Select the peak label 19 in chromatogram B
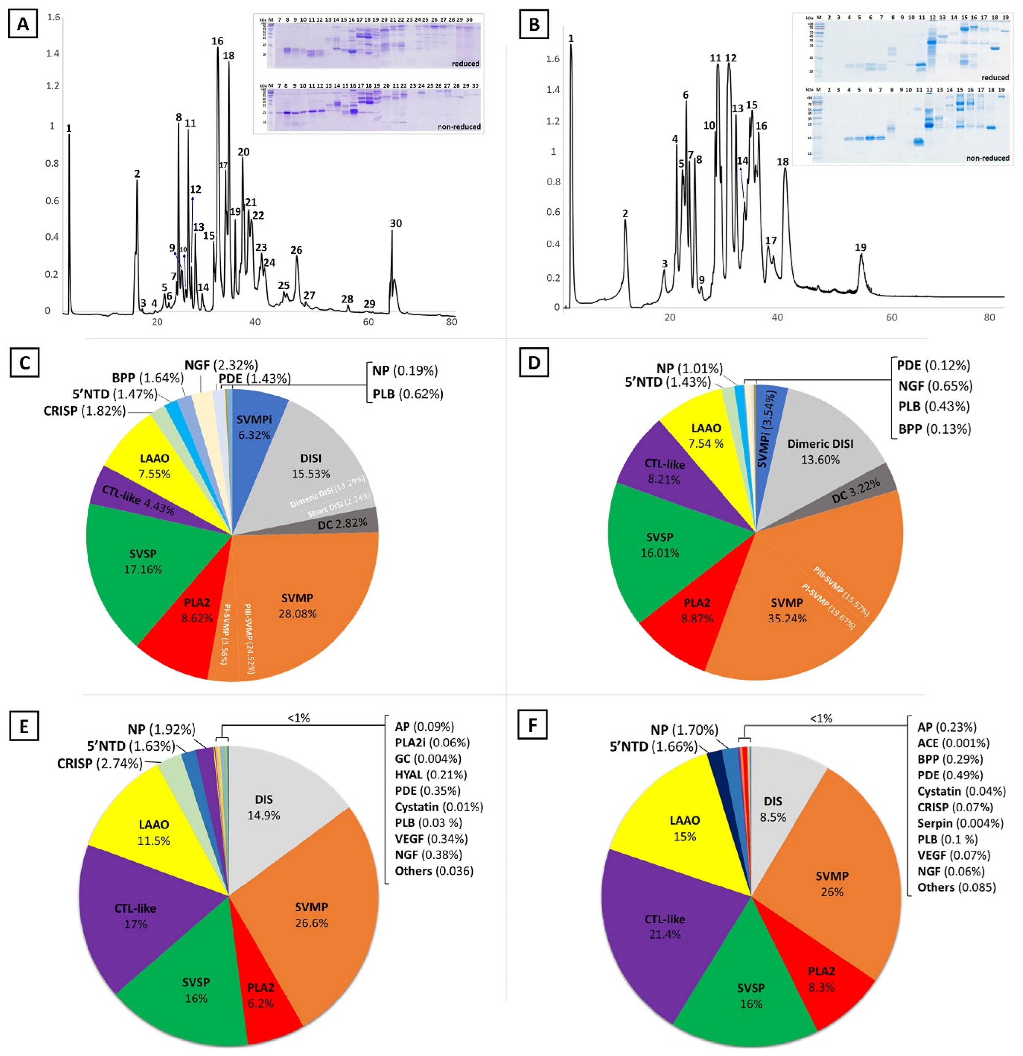point(861,247)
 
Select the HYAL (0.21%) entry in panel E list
point(430,775)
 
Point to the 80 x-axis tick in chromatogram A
point(451,321)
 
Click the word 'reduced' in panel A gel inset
point(465,63)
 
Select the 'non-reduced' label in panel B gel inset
point(987,158)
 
